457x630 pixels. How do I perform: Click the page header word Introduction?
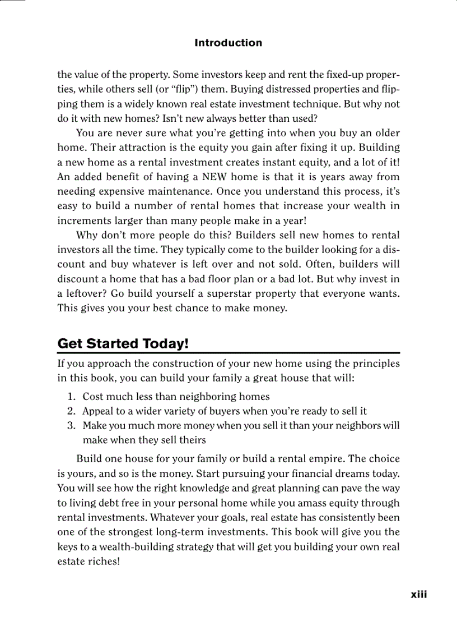click(228, 43)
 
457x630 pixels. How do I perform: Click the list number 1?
click(71, 397)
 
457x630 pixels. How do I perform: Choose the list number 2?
click(71, 411)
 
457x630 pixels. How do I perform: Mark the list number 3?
click(71, 426)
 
